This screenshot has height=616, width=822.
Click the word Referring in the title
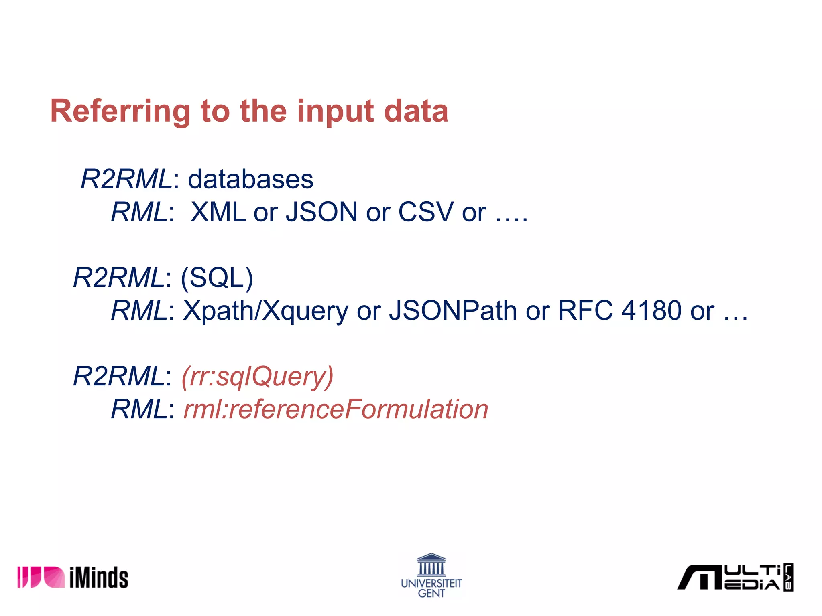pos(120,111)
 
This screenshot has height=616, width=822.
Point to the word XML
pos(218,212)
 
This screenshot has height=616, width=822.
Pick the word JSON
pos(321,212)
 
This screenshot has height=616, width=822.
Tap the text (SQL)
pos(217,278)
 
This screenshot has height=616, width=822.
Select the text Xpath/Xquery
pos(266,311)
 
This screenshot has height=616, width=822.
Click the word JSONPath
pos(453,311)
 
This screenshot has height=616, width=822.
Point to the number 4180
pos(651,311)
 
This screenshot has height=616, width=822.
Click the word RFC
pos(585,311)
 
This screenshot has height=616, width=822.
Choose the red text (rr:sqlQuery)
pos(257,377)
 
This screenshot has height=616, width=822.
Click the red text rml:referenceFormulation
pos(336,409)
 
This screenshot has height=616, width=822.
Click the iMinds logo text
pos(99,577)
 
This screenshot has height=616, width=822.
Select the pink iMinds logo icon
pos(41,577)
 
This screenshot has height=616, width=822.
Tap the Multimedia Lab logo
pos(735,577)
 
